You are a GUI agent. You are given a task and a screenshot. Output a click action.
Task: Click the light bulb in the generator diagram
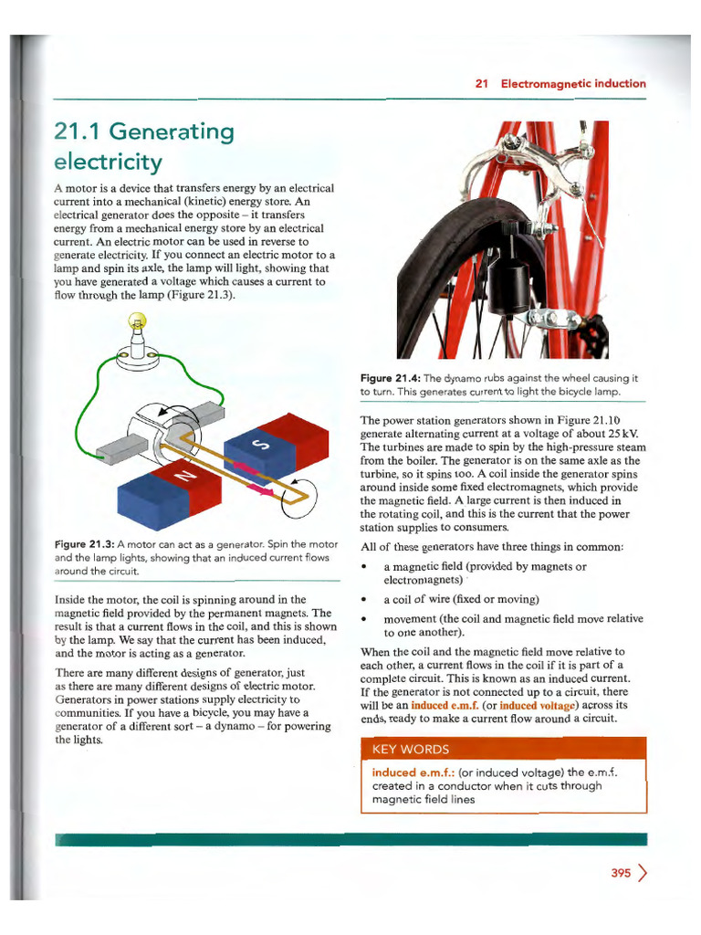[137, 322]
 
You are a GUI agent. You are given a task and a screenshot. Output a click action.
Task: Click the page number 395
[621, 873]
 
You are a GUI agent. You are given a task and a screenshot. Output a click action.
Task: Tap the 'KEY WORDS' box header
[411, 750]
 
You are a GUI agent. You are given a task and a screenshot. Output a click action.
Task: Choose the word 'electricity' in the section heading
[108, 163]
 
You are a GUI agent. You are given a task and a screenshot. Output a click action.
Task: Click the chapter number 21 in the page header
[482, 83]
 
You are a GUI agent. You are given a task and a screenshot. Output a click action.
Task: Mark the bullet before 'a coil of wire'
[365, 600]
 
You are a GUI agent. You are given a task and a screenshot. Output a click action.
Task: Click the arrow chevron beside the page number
[643, 873]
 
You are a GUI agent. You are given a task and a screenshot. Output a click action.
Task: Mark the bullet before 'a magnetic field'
[365, 567]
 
